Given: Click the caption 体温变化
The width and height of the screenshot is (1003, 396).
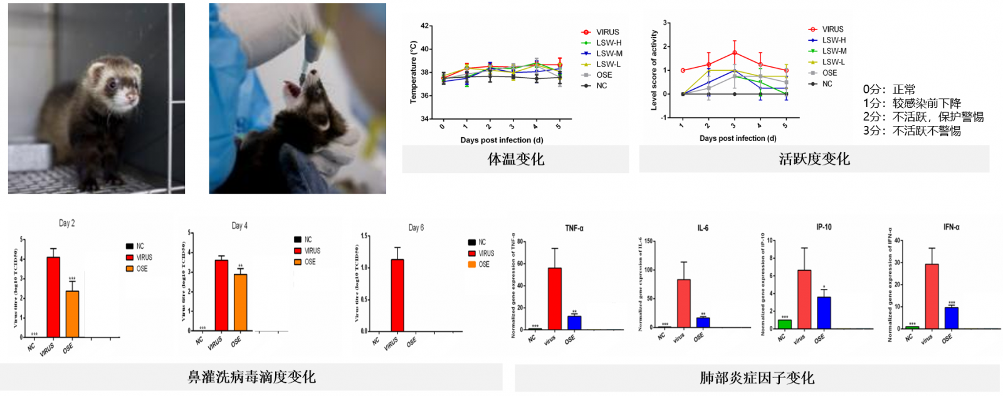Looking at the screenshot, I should click(516, 159).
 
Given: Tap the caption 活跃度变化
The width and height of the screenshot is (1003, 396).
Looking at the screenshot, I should click(814, 159).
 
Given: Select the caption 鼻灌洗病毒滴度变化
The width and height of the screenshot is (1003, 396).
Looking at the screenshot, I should click(251, 377).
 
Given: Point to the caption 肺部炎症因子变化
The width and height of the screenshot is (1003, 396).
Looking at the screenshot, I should click(757, 378).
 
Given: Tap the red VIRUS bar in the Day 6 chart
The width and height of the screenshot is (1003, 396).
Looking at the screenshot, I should click(397, 294).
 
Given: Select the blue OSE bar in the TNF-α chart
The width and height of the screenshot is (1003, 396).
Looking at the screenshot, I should click(574, 322).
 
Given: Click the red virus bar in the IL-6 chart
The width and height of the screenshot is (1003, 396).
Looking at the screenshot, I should click(683, 303).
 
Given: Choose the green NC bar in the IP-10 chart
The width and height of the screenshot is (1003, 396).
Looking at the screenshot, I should click(784, 324).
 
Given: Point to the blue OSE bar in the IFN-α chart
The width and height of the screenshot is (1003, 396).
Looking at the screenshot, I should click(952, 318).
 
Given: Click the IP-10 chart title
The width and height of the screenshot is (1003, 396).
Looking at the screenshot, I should click(824, 227).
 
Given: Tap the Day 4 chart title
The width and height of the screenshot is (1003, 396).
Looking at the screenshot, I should click(239, 226).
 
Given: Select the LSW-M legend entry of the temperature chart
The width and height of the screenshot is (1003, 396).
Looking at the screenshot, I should click(609, 53).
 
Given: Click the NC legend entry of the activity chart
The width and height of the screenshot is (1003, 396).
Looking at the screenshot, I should click(827, 83).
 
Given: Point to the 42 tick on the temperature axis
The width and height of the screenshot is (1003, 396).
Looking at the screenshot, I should click(425, 26).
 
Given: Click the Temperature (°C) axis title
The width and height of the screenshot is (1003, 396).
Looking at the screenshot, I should click(413, 72).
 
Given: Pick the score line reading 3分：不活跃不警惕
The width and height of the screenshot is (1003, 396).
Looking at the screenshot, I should click(911, 131).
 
